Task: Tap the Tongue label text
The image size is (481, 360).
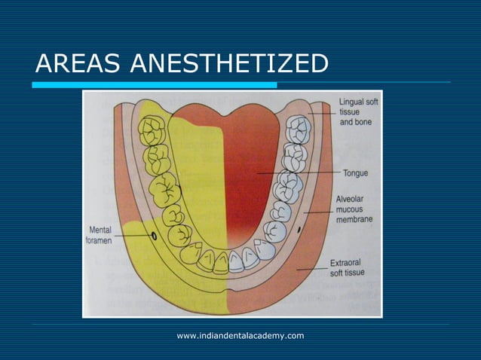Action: point(355,172)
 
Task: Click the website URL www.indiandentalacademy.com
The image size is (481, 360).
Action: point(240,334)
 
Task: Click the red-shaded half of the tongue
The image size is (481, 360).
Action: point(249,181)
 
